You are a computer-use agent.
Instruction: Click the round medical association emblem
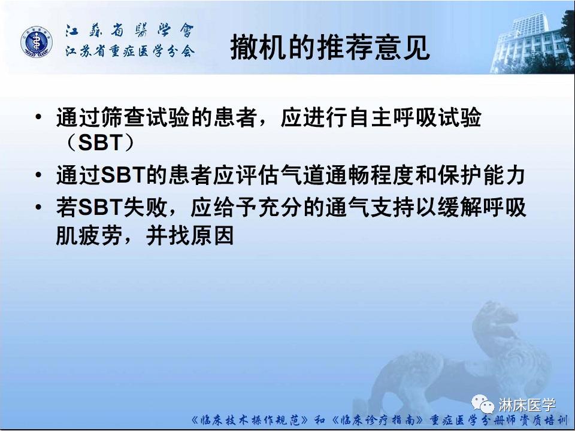pyautogui.click(x=37, y=43)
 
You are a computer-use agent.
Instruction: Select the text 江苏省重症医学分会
pyautogui.click(x=130, y=52)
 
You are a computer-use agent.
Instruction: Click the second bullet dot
pyautogui.click(x=40, y=176)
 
